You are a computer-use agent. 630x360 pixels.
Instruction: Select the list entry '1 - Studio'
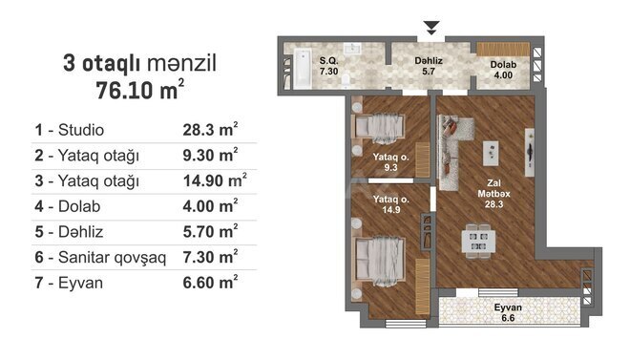click(x=69, y=129)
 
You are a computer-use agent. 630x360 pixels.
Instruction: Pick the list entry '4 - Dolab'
click(x=65, y=204)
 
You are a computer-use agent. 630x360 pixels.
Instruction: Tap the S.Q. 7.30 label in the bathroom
click(x=329, y=66)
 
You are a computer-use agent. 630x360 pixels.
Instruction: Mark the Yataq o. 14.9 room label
click(x=391, y=204)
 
